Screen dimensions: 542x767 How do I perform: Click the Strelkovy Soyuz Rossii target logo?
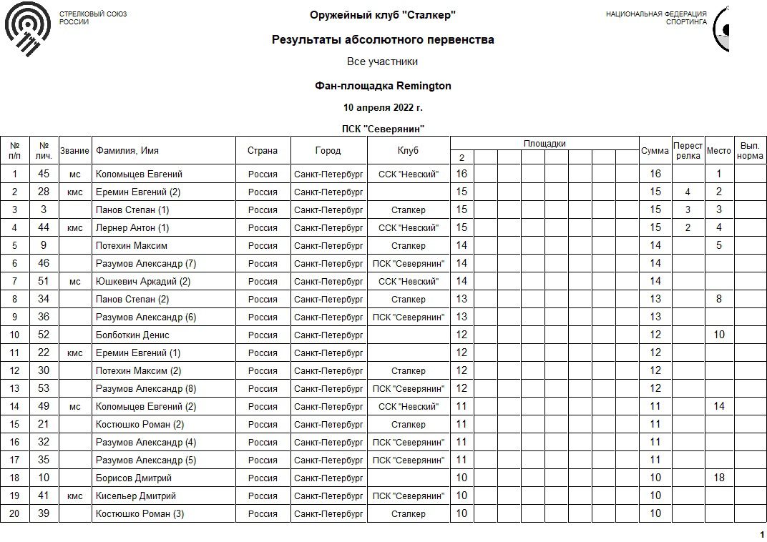point(27,29)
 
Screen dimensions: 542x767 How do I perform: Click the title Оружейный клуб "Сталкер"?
point(383,15)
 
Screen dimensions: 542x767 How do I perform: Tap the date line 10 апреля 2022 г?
point(383,108)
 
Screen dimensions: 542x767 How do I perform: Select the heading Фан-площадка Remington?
point(383,86)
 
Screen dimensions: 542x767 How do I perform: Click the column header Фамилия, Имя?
point(127,151)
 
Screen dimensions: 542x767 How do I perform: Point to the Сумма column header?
point(655,151)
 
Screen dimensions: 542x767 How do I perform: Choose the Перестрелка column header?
point(688,151)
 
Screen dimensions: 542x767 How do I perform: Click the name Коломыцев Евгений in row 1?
point(139,174)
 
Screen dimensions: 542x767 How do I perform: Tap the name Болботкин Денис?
point(132,335)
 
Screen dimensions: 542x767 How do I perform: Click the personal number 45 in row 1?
point(44,174)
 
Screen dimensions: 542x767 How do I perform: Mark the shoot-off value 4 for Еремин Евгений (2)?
point(688,192)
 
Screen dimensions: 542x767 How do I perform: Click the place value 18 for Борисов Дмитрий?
point(718,478)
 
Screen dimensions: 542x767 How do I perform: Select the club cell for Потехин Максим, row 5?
point(409,245)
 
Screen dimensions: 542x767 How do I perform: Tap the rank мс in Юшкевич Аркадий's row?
point(75,281)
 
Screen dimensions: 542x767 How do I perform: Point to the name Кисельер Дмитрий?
point(136,496)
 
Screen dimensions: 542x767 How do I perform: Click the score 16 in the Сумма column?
point(655,174)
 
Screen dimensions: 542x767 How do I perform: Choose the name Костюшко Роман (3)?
point(140,513)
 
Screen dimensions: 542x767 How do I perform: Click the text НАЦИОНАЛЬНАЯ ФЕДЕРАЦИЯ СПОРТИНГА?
point(656,18)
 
